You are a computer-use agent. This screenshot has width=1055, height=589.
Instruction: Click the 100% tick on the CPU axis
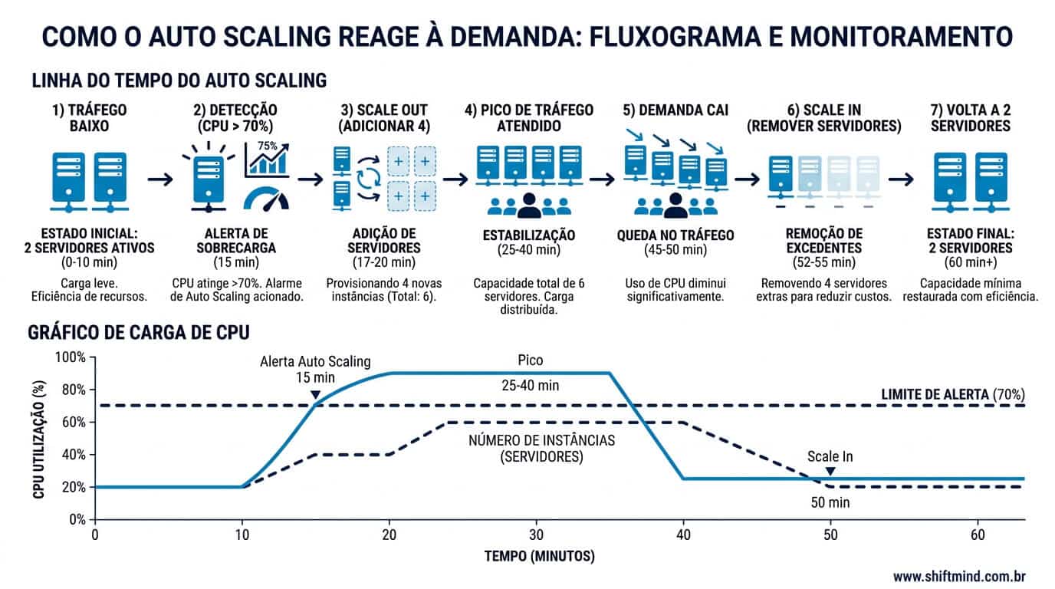[x=71, y=357]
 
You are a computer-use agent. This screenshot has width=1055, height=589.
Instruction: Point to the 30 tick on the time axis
[x=536, y=535]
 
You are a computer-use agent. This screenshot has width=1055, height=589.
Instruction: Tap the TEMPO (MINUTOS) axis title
[x=539, y=557]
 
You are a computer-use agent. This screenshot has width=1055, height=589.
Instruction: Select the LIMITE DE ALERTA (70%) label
[x=953, y=394]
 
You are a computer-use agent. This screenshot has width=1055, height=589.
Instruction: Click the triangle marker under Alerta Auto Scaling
[x=316, y=395]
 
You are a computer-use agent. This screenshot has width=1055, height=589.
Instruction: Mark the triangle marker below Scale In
[x=830, y=471]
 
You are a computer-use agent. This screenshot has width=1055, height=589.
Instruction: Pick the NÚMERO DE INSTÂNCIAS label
[x=541, y=440]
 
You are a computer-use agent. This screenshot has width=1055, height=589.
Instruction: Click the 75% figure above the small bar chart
[x=267, y=146]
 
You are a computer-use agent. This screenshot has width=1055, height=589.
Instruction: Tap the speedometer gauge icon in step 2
[x=266, y=199]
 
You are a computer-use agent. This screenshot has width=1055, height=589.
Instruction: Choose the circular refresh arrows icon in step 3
[x=368, y=179]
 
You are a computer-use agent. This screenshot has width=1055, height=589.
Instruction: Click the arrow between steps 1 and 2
[x=160, y=179]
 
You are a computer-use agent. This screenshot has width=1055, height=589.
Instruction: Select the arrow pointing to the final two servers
[x=901, y=179]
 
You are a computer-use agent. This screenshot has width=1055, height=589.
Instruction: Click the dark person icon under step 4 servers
[x=529, y=206]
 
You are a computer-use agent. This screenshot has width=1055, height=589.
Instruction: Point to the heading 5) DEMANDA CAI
[x=675, y=110]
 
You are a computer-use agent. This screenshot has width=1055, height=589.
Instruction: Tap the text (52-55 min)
[x=823, y=262]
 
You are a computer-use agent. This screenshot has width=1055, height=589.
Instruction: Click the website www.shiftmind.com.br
[x=959, y=576]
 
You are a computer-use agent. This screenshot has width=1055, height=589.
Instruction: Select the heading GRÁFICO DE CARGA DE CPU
[x=139, y=333]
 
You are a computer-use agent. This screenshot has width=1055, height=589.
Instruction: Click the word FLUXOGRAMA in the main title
[x=675, y=37]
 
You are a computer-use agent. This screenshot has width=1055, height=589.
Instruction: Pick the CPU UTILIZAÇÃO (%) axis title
[x=39, y=439]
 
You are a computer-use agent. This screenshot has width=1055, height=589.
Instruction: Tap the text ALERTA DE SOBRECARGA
[x=236, y=241]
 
